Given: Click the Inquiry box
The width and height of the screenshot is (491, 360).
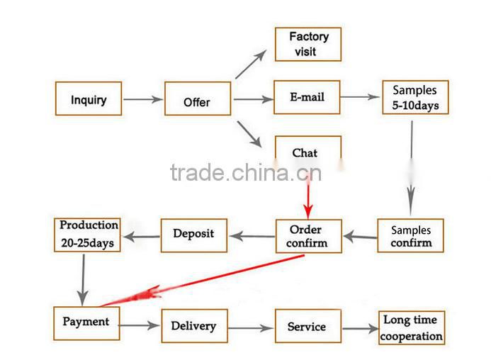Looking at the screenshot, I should click(x=89, y=99).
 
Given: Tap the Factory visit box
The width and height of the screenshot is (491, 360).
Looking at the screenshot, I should click(x=308, y=44).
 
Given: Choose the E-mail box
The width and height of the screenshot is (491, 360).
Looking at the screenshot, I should click(x=307, y=97).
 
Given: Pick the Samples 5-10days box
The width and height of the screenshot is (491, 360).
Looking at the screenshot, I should click(x=415, y=98).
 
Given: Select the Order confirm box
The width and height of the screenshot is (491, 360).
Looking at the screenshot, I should click(x=308, y=236).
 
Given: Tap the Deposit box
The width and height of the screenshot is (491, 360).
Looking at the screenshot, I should click(x=193, y=235).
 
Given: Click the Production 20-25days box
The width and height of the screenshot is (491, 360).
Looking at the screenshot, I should click(x=88, y=235).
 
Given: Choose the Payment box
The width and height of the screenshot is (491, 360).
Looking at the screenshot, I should click(x=86, y=323).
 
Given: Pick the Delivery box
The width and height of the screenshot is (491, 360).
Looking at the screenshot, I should click(x=194, y=326).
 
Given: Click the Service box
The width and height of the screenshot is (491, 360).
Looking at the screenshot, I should click(x=307, y=327).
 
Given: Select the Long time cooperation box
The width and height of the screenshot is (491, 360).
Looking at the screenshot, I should click(x=412, y=327).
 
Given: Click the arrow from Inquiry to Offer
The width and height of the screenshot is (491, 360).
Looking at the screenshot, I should click(x=143, y=100).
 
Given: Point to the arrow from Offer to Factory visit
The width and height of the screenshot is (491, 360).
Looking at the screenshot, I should click(x=251, y=64).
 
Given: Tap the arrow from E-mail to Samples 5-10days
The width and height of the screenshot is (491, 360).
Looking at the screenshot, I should click(x=361, y=97).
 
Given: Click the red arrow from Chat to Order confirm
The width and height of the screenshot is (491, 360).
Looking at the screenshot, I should click(x=308, y=198).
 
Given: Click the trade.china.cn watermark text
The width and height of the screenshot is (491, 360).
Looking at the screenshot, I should click(x=245, y=172).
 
